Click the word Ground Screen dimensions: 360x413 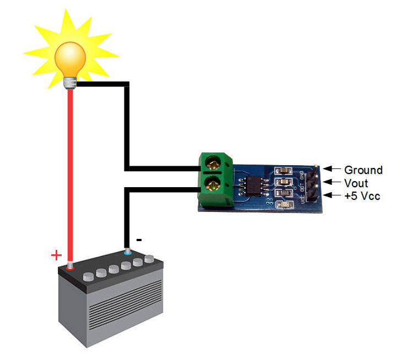click(x=363, y=170)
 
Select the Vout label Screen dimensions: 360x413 click(x=356, y=183)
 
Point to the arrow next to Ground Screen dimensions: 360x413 click(x=332, y=169)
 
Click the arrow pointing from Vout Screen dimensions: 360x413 click(x=332, y=182)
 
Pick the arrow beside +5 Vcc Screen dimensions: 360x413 click(x=332, y=195)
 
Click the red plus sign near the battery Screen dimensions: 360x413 click(x=56, y=255)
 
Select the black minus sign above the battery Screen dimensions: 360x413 click(x=139, y=240)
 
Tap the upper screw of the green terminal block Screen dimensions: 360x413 click(x=213, y=162)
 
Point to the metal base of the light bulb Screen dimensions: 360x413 click(x=70, y=83)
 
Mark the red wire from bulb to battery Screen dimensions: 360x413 click(x=70, y=176)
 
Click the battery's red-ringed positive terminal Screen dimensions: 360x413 click(x=70, y=266)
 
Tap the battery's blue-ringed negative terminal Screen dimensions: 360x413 click(x=128, y=252)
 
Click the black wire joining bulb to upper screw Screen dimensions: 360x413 click(x=127, y=127)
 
